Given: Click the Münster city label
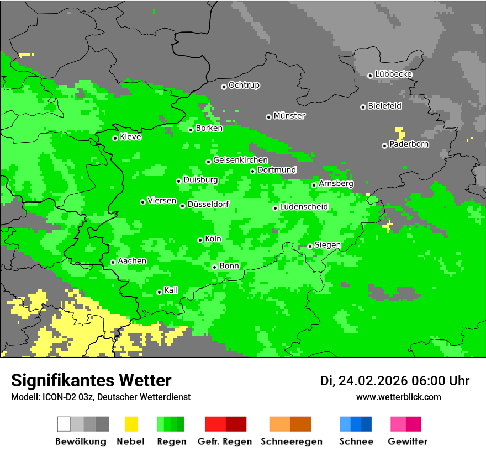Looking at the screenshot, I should click(289, 116).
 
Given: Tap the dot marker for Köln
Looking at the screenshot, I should click(200, 240).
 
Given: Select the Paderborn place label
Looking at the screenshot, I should click(409, 145).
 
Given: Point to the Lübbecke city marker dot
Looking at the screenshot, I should click(370, 76).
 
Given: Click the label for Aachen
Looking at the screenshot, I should click(132, 261).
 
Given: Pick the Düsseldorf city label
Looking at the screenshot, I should click(208, 204).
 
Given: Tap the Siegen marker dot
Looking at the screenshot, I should click(310, 246).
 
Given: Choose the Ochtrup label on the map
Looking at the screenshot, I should click(244, 86).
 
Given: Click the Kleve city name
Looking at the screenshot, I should click(130, 137).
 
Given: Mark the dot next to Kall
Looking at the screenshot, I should click(159, 292).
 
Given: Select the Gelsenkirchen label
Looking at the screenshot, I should click(240, 160).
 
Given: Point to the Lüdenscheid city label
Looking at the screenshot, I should click(304, 207).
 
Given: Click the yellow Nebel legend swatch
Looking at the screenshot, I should click(131, 424).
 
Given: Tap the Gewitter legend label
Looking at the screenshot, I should click(408, 441).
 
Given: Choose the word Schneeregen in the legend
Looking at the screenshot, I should click(292, 441).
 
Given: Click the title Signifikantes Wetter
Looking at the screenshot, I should click(91, 380).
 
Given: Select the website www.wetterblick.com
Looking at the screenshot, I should click(398, 397).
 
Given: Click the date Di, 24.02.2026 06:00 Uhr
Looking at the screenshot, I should click(395, 381).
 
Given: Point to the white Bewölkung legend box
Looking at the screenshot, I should click(64, 424).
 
